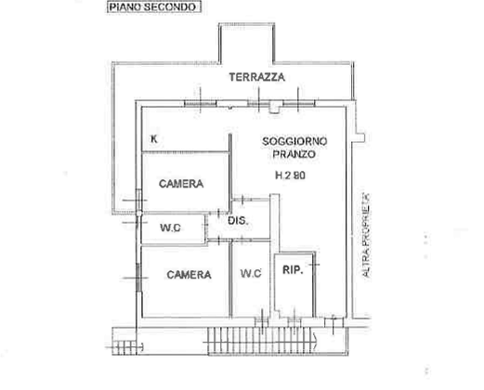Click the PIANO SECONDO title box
pyautogui.click(x=154, y=6)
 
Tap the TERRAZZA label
pyautogui.click(x=256, y=77)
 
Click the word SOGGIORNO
pyautogui.click(x=294, y=141)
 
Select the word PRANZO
pyautogui.click(x=294, y=154)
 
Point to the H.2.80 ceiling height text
pyautogui.click(x=290, y=175)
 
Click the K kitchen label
pyautogui.click(x=154, y=139)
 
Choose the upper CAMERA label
pyautogui.click(x=181, y=184)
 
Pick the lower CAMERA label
pyautogui.click(x=189, y=275)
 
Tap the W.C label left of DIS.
pyautogui.click(x=170, y=227)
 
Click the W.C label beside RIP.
pyautogui.click(x=251, y=273)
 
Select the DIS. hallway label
pyautogui.click(x=238, y=221)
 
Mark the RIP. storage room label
pyautogui.click(x=293, y=270)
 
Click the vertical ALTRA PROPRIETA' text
pyautogui.click(x=366, y=235)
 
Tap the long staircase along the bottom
pyautogui.click(x=261, y=341)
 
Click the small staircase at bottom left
pyautogui.click(x=124, y=347)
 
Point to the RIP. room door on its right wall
pyautogui.click(x=314, y=265)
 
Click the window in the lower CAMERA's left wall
pyautogui.click(x=138, y=278)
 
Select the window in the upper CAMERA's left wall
pyautogui.click(x=138, y=200)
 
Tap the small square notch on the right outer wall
pyautogui.click(x=360, y=137)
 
